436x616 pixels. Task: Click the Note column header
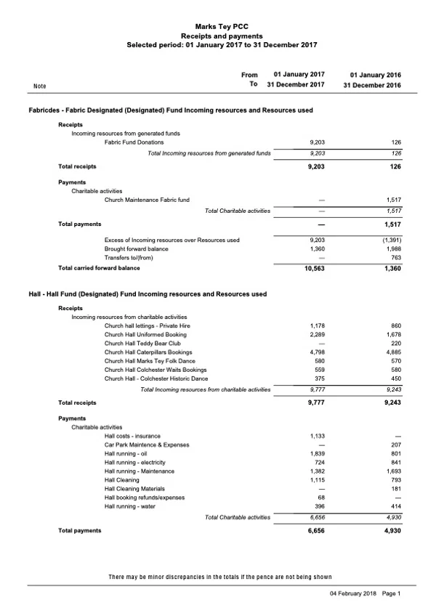40,86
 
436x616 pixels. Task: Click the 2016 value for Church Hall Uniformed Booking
393,334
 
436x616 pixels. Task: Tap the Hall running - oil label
127,453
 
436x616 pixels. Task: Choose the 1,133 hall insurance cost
318,435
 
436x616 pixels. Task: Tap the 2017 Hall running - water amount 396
318,506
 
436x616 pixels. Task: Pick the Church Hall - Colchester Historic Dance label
156,378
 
